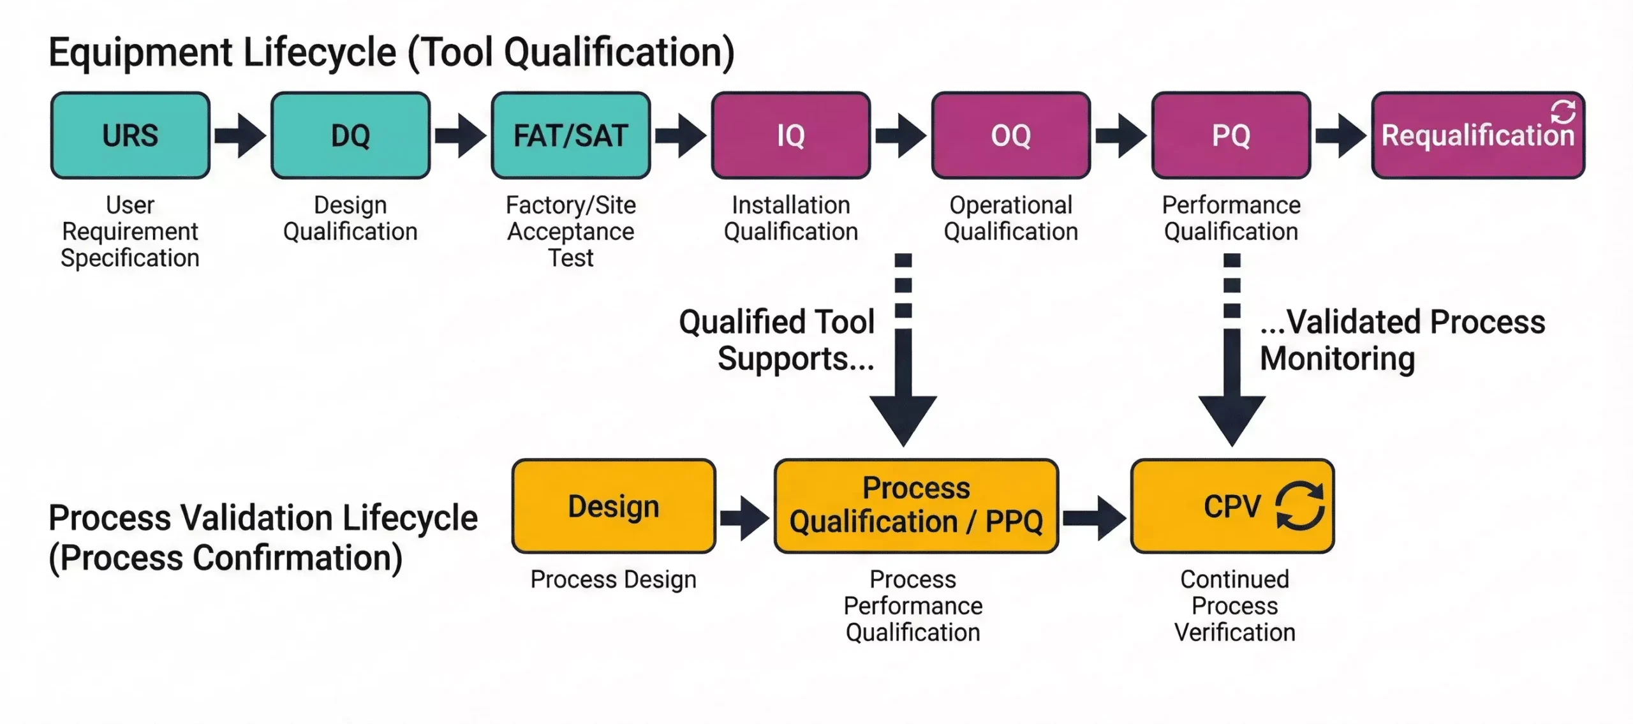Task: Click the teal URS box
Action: point(130,135)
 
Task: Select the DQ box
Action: point(350,135)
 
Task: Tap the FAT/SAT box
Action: point(570,135)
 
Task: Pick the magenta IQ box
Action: point(791,135)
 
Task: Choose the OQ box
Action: point(1011,135)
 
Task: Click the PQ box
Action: point(1231,135)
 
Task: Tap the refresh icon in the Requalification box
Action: point(1563,112)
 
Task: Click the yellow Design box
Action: point(614,506)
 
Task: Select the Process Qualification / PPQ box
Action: point(916,506)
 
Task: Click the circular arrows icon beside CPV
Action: point(1300,506)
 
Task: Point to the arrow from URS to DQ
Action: point(240,135)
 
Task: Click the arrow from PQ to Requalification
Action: point(1341,135)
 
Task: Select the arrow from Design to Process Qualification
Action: point(744,518)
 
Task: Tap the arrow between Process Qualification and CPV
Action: point(1094,518)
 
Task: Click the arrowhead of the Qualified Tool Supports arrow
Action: point(903,418)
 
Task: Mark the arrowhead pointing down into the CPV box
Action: point(1232,418)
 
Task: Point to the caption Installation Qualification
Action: point(791,218)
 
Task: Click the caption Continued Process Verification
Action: point(1235,605)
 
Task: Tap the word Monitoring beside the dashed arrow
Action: point(1338,358)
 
